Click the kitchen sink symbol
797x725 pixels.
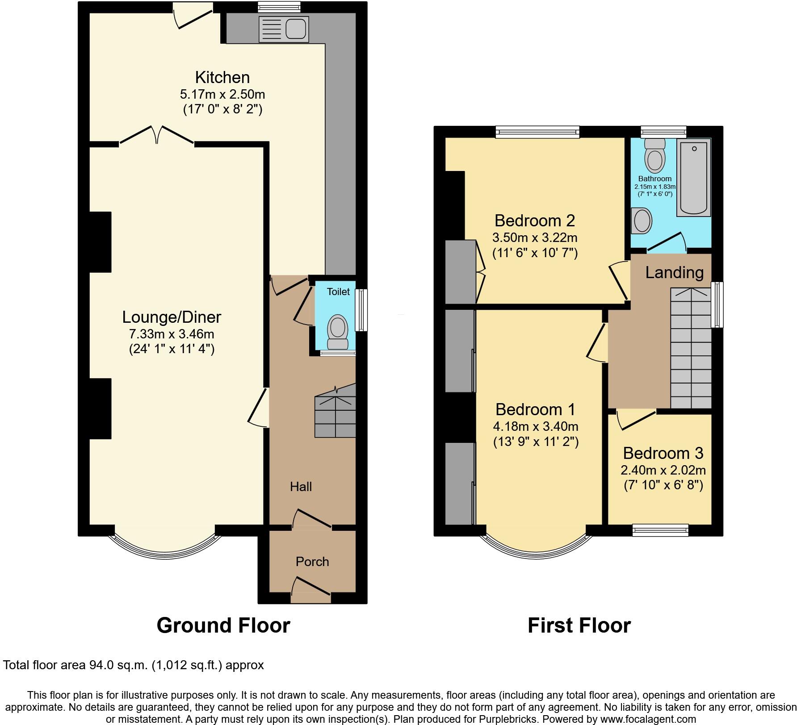284,29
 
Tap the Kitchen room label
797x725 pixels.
222,78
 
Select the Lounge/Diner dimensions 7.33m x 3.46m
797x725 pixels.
172,333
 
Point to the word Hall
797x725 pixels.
301,487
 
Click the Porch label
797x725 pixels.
312,562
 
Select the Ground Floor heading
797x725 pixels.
223,625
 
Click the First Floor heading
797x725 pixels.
579,625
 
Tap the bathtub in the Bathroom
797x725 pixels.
693,177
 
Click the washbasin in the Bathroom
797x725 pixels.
642,221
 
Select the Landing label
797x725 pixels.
674,272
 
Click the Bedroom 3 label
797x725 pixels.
663,453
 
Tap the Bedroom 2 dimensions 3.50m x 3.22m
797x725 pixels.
535,237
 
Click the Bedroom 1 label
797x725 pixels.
535,409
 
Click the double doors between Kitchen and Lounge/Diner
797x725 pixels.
157,134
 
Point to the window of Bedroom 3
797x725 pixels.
660,530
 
